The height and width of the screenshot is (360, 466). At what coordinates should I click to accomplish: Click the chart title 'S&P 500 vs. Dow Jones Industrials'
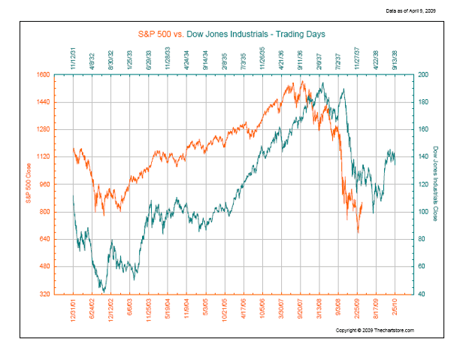tap(230, 34)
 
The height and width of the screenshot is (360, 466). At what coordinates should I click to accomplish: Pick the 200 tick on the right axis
tap(423, 74)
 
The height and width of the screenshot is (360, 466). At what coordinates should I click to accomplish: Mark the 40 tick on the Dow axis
tap(422, 294)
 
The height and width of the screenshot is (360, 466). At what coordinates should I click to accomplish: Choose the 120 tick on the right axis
tap(423, 184)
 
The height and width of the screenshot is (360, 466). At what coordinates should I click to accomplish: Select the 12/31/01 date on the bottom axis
tap(74, 310)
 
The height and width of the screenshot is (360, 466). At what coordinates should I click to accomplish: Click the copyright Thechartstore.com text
tap(375, 330)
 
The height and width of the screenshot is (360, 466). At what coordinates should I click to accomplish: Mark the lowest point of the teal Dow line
tap(104, 292)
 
